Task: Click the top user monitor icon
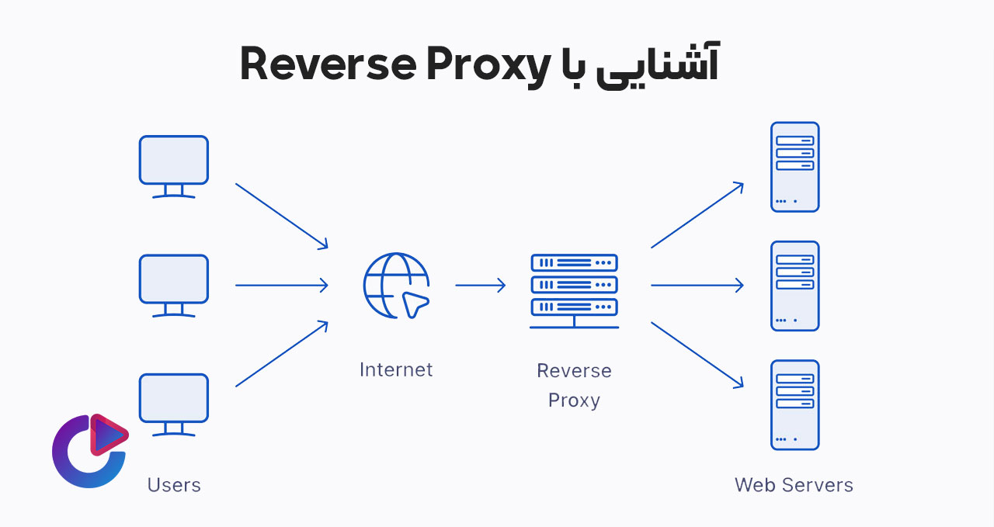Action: [173, 161]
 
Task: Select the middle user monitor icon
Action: [173, 280]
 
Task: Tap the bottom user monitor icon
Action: [173, 399]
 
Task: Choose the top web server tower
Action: [794, 167]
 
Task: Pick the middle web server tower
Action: [794, 286]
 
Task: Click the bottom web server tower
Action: [794, 404]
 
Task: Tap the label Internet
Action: [396, 369]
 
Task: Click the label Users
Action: [174, 485]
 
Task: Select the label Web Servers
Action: [794, 485]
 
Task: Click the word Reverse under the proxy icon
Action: [574, 371]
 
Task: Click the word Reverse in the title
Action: [326, 64]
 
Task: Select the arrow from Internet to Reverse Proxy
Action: [480, 286]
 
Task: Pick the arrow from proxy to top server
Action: [697, 215]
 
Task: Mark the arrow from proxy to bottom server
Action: [697, 354]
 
